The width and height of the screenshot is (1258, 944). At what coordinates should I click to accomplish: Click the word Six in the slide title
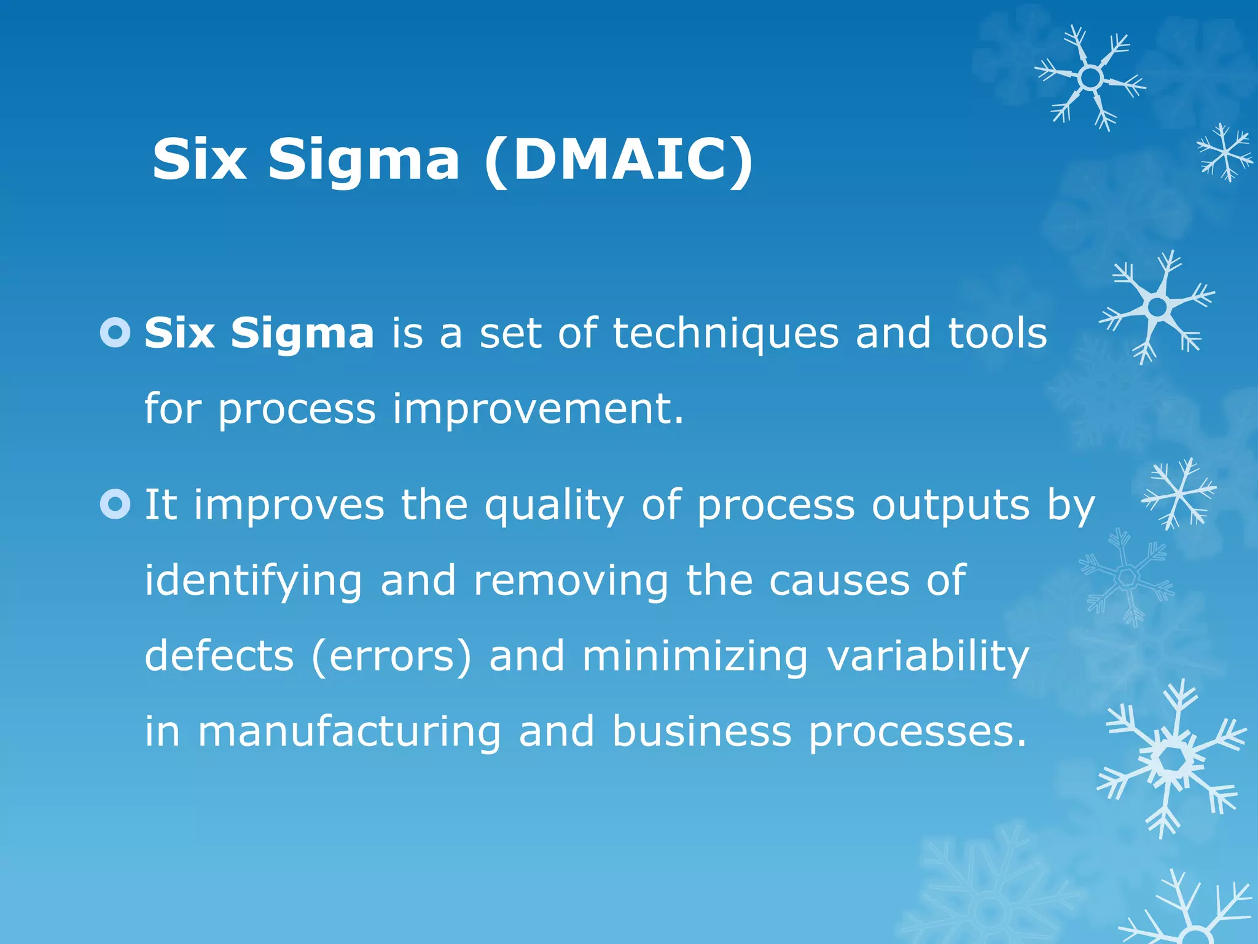pyautogui.click(x=199, y=160)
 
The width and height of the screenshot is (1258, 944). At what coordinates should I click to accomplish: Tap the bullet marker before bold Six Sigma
pyautogui.click(x=115, y=332)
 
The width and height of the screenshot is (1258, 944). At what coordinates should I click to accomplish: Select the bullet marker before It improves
pyautogui.click(x=115, y=504)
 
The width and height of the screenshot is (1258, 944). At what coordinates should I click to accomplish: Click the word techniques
pyautogui.click(x=725, y=334)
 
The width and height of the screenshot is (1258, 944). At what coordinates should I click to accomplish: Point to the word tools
pyautogui.click(x=997, y=334)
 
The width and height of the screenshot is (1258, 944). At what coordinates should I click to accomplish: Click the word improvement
pyautogui.click(x=537, y=409)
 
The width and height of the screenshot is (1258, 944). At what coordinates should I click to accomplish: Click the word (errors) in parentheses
pyautogui.click(x=392, y=656)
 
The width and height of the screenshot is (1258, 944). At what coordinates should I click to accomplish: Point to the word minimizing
pyautogui.click(x=695, y=656)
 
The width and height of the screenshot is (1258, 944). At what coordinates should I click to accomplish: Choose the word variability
pyautogui.click(x=928, y=656)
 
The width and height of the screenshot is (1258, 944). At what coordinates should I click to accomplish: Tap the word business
pyautogui.click(x=701, y=731)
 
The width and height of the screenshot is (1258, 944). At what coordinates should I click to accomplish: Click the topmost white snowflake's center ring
pyautogui.click(x=1091, y=78)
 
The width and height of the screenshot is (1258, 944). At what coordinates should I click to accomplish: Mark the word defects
pyautogui.click(x=219, y=655)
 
